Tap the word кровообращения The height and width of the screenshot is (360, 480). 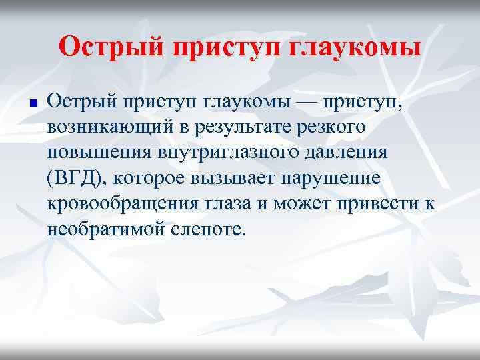[x=114, y=204]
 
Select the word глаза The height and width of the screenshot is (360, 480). [x=215, y=204]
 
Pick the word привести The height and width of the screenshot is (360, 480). [x=371, y=204]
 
